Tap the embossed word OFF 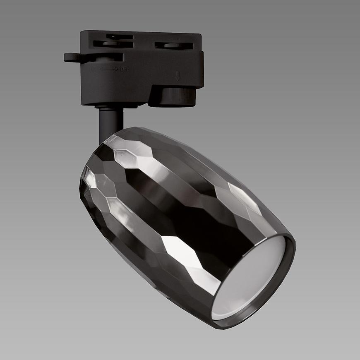(x=124, y=69)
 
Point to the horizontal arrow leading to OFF (x=108, y=69)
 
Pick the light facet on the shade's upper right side (x=244, y=199)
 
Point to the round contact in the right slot (x=170, y=45)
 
